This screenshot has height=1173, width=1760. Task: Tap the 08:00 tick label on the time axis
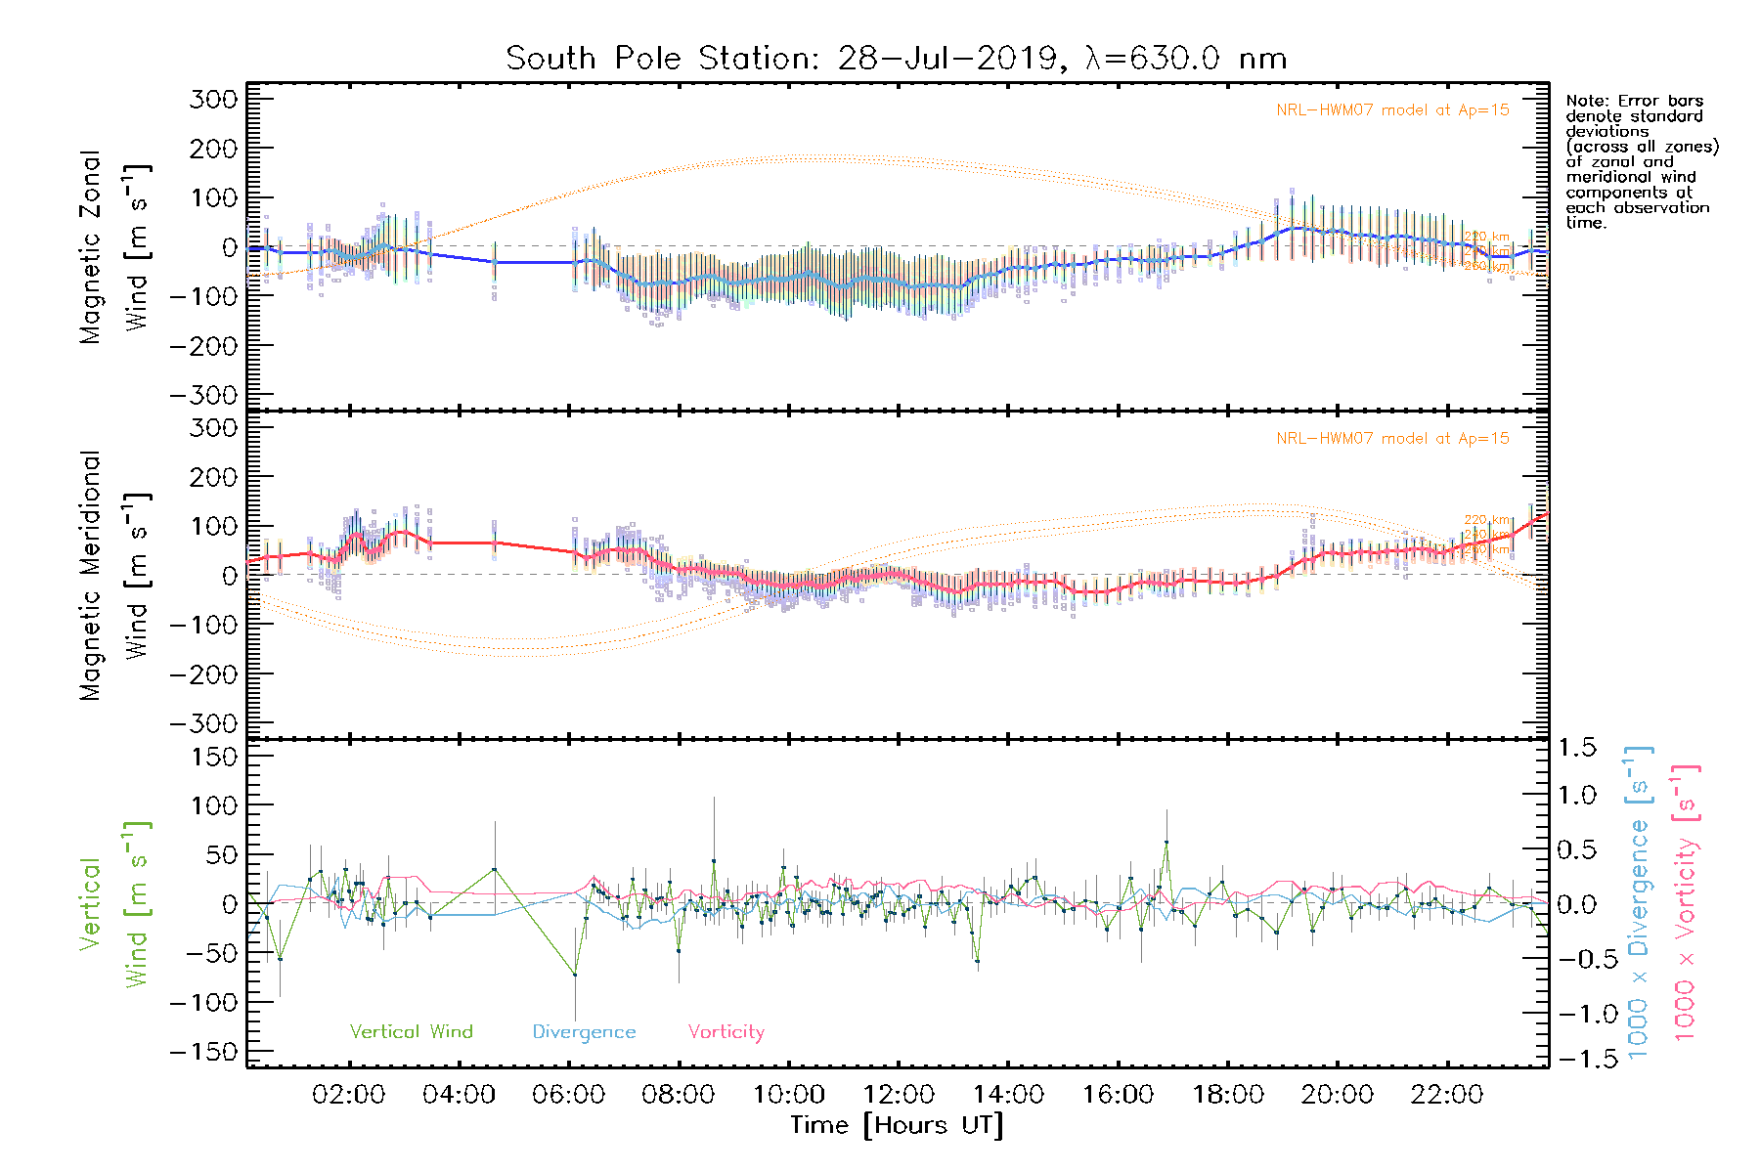(x=678, y=1095)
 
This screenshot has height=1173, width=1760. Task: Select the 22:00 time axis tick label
(x=1446, y=1095)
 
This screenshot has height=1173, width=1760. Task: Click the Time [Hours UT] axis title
(x=897, y=1125)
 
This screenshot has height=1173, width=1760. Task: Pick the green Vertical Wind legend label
(x=411, y=1031)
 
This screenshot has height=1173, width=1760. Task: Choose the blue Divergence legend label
(x=584, y=1031)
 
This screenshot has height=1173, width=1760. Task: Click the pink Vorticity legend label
(x=726, y=1031)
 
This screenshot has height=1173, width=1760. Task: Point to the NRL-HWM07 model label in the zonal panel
(x=1391, y=109)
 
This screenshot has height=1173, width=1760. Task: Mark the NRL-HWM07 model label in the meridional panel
(x=1391, y=438)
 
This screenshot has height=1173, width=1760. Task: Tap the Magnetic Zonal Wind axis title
(x=115, y=247)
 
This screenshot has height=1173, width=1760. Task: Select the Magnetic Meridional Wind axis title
(x=115, y=576)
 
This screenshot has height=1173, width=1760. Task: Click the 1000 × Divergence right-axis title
(x=1639, y=902)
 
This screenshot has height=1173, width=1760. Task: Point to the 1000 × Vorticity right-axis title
(x=1686, y=902)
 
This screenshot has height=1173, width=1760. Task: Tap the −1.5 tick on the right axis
(x=1576, y=1058)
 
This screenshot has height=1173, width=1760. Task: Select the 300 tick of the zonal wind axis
(x=214, y=99)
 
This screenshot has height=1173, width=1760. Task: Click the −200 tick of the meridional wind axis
(x=204, y=673)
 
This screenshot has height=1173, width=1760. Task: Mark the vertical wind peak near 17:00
(x=1166, y=842)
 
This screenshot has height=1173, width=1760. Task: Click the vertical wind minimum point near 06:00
(x=575, y=975)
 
